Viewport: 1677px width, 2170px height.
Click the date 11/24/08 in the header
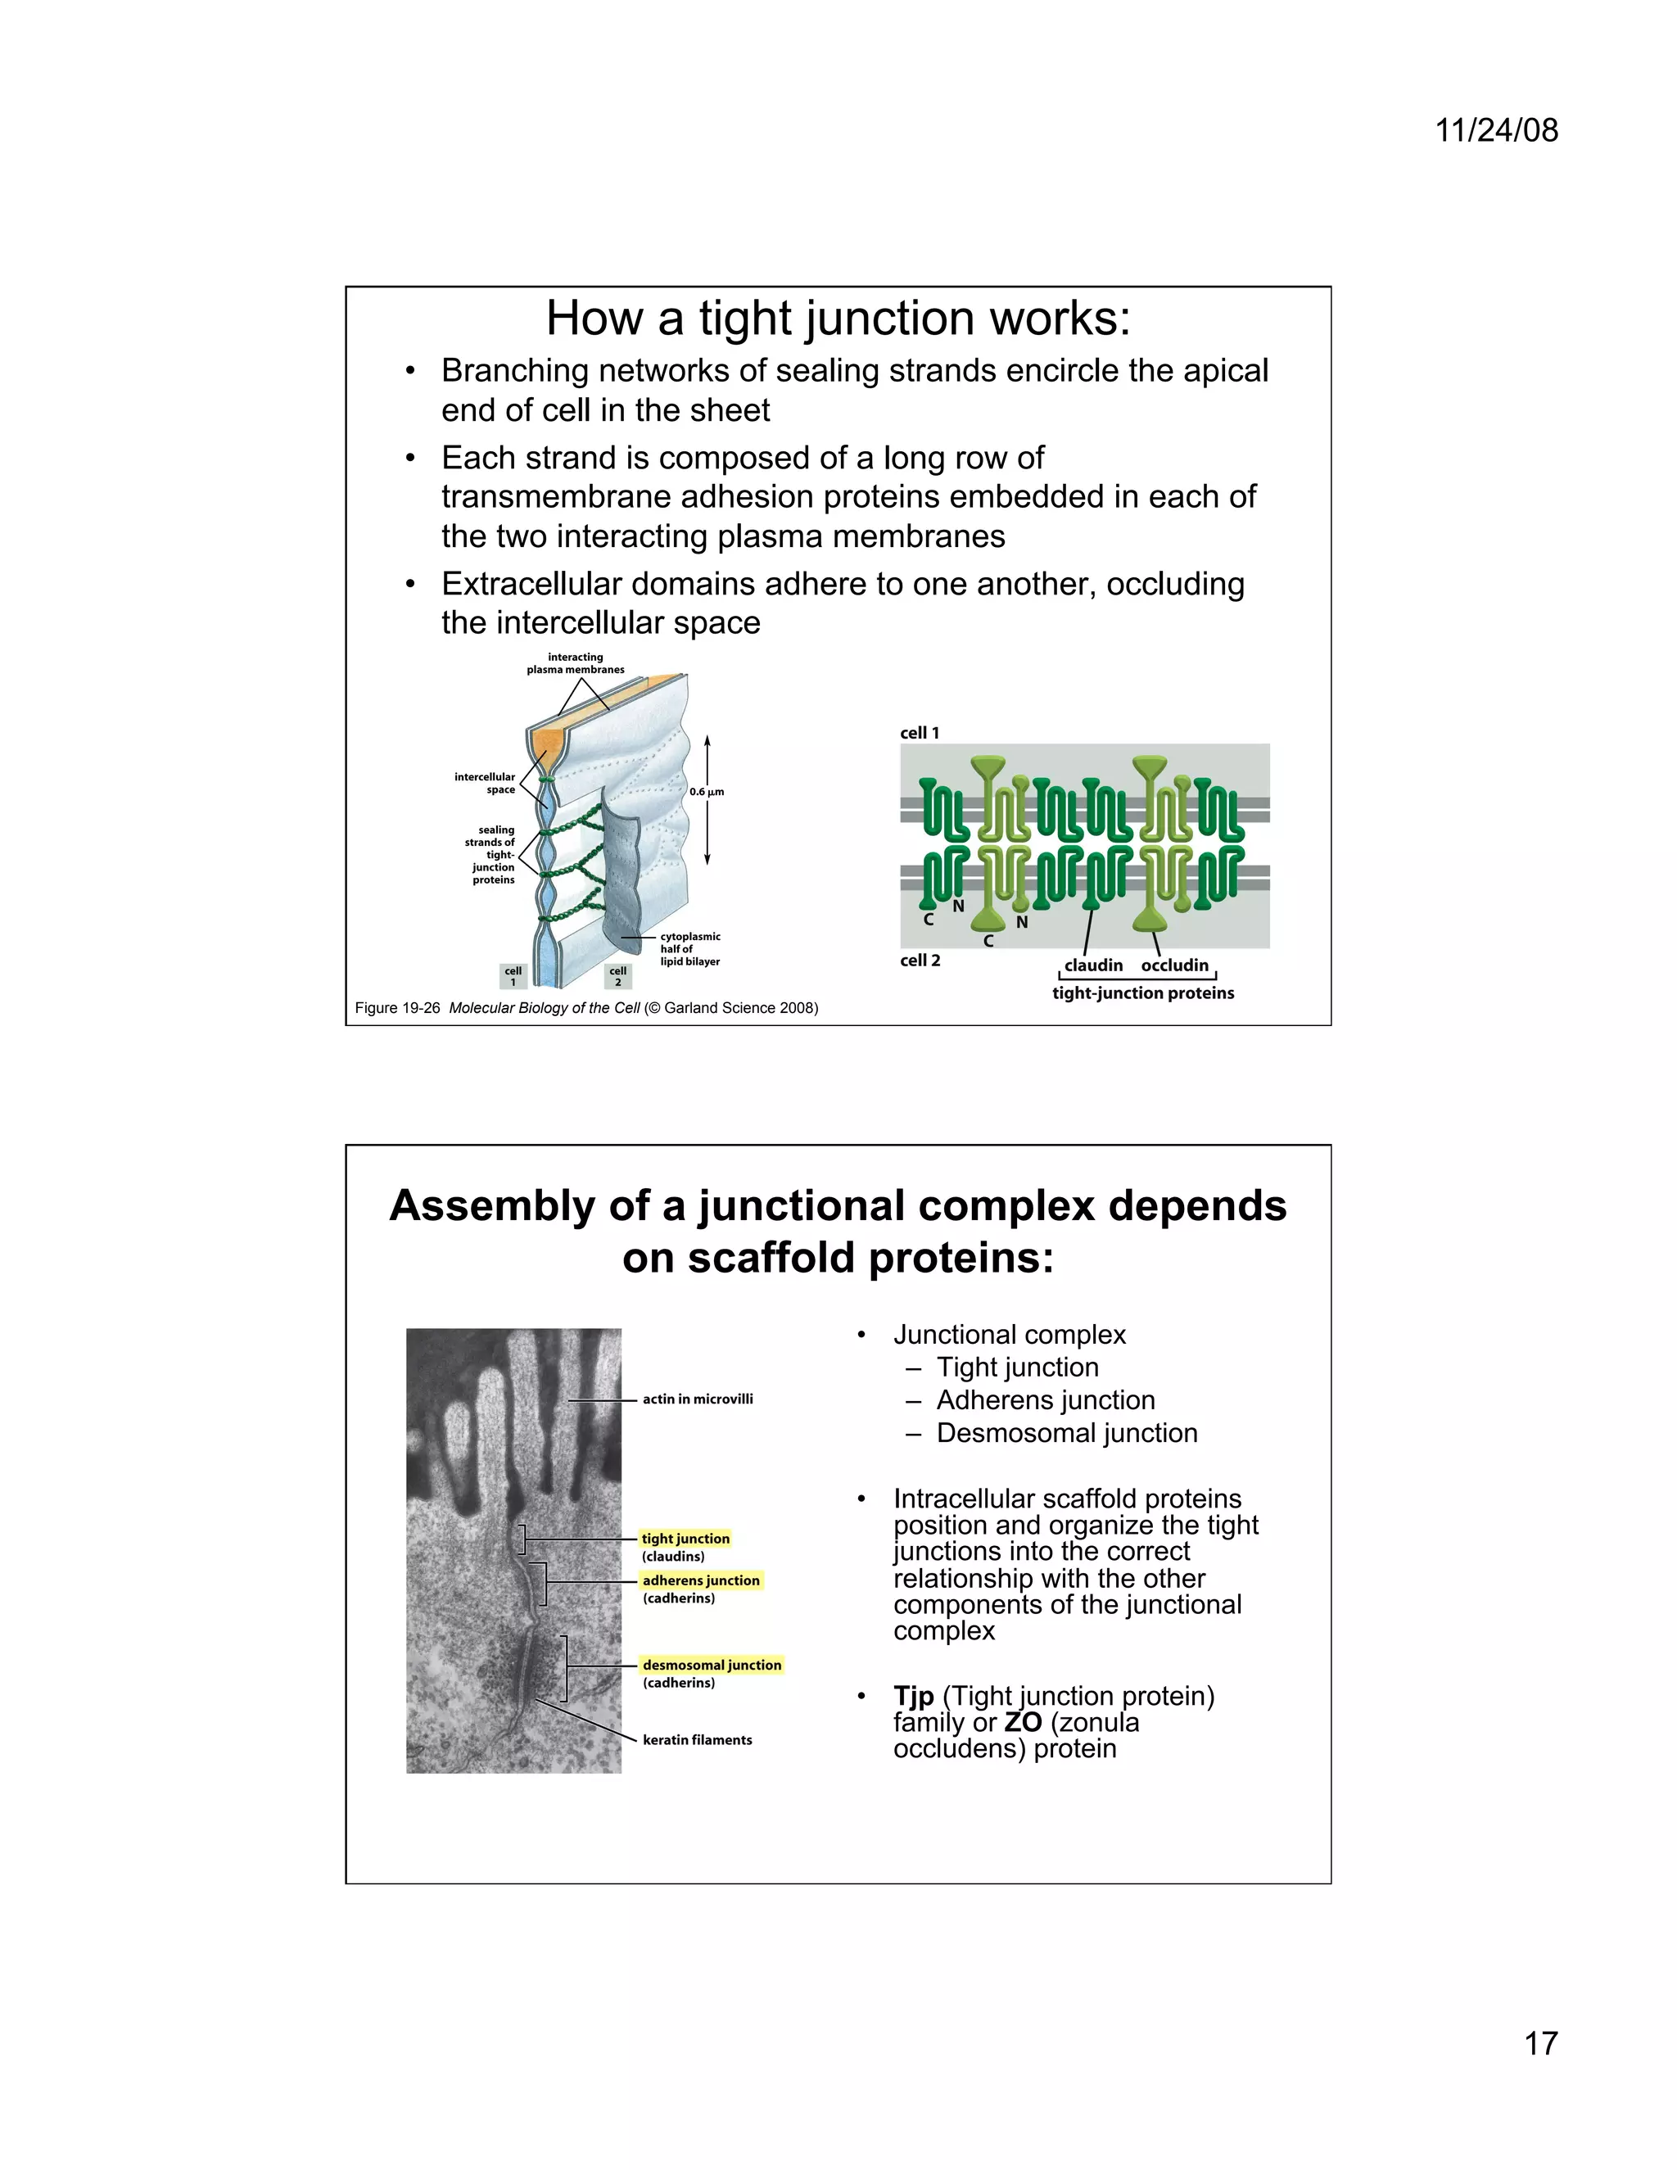coord(1496,130)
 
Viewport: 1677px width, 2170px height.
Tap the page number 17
coord(1540,2043)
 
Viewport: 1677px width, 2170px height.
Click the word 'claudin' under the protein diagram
coord(1093,965)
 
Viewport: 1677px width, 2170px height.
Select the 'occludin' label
coord(1174,965)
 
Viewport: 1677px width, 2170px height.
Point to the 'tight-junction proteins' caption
coord(1142,992)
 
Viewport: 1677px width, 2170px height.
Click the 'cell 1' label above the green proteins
coord(919,732)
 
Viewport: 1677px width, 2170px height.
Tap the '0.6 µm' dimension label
coord(707,792)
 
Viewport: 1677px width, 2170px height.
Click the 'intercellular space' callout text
coord(486,783)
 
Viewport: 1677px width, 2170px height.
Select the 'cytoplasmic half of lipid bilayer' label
coord(689,949)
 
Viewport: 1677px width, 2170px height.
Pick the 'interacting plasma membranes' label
coord(575,662)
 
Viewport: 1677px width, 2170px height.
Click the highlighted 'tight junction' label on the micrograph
coord(685,1538)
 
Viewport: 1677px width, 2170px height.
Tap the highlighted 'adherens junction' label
coord(700,1580)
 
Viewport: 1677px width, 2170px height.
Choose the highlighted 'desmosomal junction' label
coord(712,1664)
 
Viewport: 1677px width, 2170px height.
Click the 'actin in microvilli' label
coord(698,1399)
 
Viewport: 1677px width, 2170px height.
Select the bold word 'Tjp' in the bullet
coord(913,1695)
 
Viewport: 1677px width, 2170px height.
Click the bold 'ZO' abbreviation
coord(1022,1722)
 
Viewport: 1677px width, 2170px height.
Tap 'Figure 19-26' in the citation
coord(397,1007)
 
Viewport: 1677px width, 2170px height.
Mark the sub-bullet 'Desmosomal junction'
coord(1066,1433)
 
